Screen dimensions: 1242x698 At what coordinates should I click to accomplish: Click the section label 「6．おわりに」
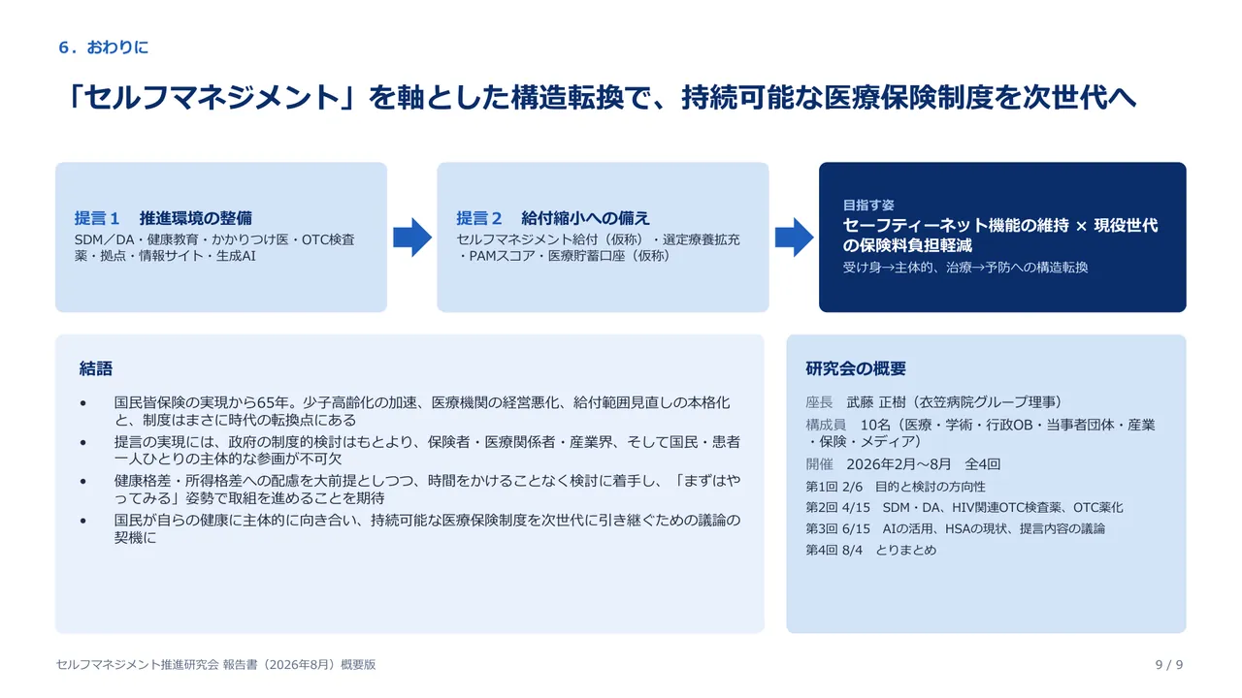pos(104,48)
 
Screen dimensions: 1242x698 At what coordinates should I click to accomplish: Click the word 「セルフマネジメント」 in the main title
pos(212,98)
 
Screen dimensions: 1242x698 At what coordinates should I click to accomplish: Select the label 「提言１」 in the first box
pos(97,218)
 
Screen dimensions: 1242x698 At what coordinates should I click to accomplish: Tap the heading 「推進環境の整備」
pos(196,218)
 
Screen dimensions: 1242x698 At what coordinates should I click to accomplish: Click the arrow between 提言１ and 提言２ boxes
pos(412,238)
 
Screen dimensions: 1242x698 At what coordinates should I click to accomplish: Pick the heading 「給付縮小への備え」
pos(585,218)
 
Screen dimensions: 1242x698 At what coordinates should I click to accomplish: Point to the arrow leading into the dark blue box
pos(794,238)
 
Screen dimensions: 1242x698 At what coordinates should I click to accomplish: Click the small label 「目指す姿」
pos(868,205)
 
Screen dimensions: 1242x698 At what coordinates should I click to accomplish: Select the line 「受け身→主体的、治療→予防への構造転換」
pos(965,268)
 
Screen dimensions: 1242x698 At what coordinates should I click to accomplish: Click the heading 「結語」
pos(96,368)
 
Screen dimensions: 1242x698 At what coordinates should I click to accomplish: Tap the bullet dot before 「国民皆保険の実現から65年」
pos(83,403)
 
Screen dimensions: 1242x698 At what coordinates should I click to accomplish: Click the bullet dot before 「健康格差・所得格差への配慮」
pos(83,482)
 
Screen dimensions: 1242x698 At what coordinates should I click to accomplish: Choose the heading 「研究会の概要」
pos(856,368)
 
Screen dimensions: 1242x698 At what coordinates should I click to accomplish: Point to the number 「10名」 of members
pos(875,425)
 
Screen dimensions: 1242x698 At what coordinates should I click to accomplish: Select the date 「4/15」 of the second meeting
pos(856,507)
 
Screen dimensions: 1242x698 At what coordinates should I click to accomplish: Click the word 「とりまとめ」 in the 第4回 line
pos(906,550)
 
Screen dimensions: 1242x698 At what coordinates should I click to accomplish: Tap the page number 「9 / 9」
pos(1169,665)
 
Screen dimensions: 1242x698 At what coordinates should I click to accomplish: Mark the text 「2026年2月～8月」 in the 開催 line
pos(899,464)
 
